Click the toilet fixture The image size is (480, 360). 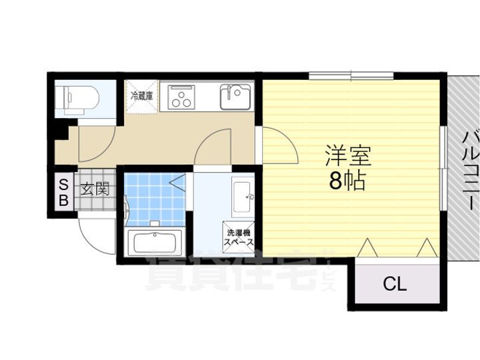pyautogui.click(x=79, y=98)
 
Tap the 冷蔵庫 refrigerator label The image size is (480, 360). pyautogui.click(x=141, y=96)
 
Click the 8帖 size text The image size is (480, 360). pyautogui.click(x=347, y=181)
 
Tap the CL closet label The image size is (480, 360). pyautogui.click(x=394, y=285)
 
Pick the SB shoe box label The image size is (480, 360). pyautogui.click(x=64, y=191)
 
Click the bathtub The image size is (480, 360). pyautogui.click(x=155, y=241)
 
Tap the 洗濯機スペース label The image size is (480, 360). pyautogui.click(x=238, y=238)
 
